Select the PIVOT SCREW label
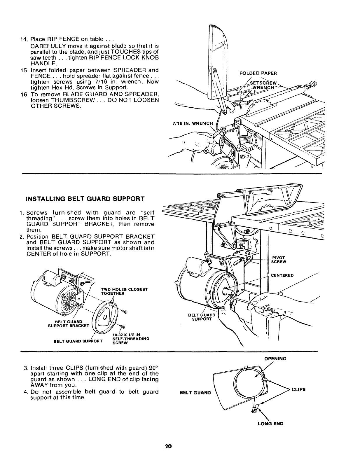(279, 260)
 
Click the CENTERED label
(282, 275)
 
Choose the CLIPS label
(299, 389)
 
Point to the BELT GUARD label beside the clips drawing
(195, 393)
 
